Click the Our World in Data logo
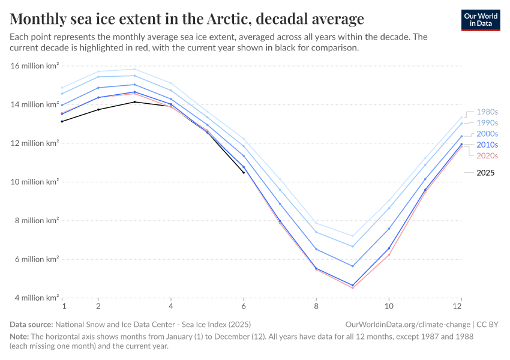pyautogui.click(x=480, y=19)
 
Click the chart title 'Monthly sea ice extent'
pyautogui.click(x=187, y=19)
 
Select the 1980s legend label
pyautogui.click(x=487, y=112)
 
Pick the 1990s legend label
pyautogui.click(x=487, y=122)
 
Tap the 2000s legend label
pyautogui.click(x=487, y=134)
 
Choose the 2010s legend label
pyautogui.click(x=487, y=145)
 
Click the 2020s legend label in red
pyautogui.click(x=487, y=155)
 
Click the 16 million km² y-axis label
pyautogui.click(x=35, y=66)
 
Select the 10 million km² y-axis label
pyautogui.click(x=35, y=182)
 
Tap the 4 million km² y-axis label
pyautogui.click(x=35, y=298)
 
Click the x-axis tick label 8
pyautogui.click(x=316, y=306)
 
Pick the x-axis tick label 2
pyautogui.click(x=98, y=306)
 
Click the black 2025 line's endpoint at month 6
pyautogui.click(x=244, y=173)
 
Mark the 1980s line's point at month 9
pyautogui.click(x=353, y=236)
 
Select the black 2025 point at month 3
pyautogui.click(x=135, y=102)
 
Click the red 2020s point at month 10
pyautogui.click(x=389, y=255)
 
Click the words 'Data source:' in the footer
pyautogui.click(x=30, y=324)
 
